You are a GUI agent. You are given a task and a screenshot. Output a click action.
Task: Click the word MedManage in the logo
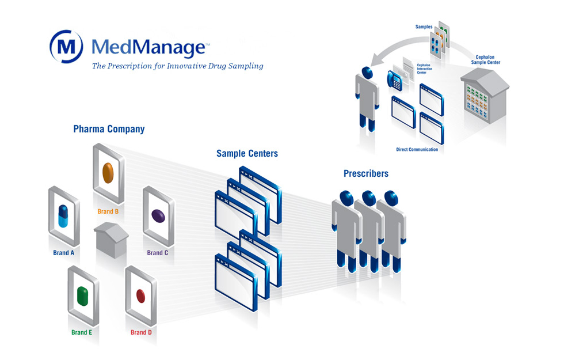(147, 47)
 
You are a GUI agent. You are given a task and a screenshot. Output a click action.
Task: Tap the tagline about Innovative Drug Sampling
(177, 66)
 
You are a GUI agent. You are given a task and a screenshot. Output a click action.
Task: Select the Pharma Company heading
(109, 129)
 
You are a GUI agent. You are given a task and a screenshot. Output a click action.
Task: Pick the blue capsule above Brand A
(63, 215)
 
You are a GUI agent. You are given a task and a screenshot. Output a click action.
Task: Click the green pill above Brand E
(82, 295)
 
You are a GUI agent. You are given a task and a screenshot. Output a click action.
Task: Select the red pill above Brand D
(140, 295)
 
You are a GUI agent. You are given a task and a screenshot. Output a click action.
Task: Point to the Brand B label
(108, 211)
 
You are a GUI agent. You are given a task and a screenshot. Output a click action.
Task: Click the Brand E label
(82, 332)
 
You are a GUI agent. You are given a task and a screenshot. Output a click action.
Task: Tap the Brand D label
(141, 332)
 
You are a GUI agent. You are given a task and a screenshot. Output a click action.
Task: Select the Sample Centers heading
(247, 154)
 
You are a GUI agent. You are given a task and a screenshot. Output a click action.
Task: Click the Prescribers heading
(365, 173)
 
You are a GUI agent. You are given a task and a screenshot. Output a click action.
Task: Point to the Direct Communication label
(417, 150)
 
